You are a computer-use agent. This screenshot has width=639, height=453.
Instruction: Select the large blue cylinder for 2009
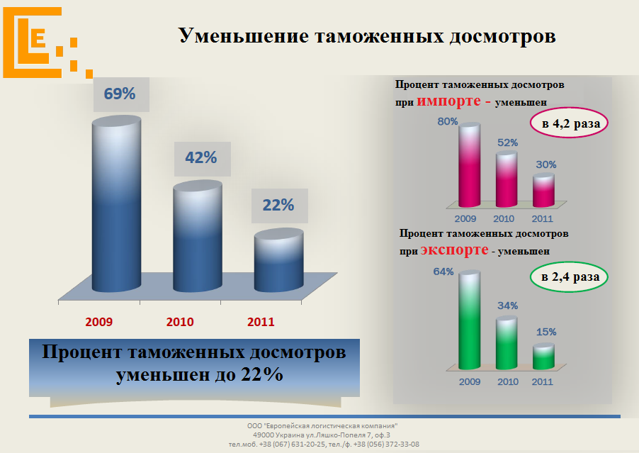[x=116, y=206]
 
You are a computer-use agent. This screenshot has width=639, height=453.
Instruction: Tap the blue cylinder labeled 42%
[x=198, y=237]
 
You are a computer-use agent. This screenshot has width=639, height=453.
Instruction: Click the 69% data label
[x=120, y=94]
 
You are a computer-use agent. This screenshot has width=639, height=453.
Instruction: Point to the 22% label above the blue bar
[x=278, y=205]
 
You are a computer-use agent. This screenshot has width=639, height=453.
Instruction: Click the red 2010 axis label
[x=180, y=322]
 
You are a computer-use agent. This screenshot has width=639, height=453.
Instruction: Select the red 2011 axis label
[x=261, y=322]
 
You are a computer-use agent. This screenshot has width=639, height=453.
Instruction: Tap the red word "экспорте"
[x=453, y=250]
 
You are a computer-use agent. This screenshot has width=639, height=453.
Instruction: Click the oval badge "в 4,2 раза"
[x=571, y=125]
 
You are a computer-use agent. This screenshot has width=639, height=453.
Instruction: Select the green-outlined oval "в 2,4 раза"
[x=570, y=277]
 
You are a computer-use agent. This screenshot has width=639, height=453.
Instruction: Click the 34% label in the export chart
[x=507, y=306]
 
